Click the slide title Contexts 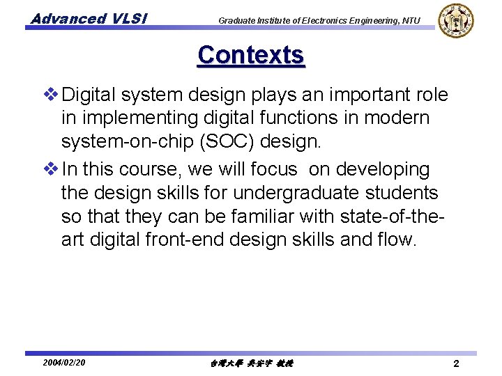[x=251, y=55]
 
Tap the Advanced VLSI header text [x=88, y=19]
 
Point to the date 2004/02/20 [x=63, y=363]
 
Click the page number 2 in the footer [x=455, y=363]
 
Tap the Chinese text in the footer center [x=251, y=363]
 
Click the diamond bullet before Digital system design [x=52, y=95]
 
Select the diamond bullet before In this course [x=52, y=169]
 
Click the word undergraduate [x=299, y=193]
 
